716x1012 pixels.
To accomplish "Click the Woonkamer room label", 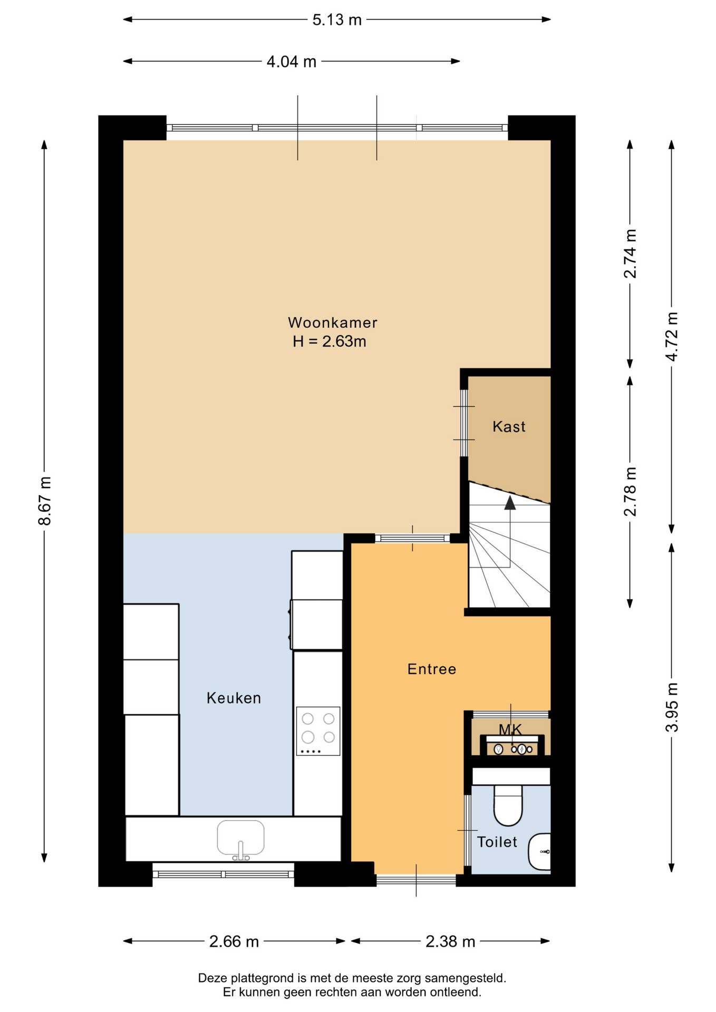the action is point(332,323).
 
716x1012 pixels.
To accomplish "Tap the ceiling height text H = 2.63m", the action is point(330,342).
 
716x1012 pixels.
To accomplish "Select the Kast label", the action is point(509,426).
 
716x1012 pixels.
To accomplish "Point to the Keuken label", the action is point(234,698).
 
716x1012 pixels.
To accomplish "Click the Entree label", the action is point(432,669).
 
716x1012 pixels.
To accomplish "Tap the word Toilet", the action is point(497,842).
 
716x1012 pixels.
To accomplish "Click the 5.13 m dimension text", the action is point(337,20).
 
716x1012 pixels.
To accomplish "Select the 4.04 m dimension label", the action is point(292,62).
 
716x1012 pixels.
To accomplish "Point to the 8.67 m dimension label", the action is point(45,501).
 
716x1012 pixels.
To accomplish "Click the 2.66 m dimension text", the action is point(234,941).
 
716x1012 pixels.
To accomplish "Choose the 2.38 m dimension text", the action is point(450,941).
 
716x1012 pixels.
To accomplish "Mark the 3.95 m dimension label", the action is point(672,707).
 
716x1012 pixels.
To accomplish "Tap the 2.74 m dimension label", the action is point(630,254).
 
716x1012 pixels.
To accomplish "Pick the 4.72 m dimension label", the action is point(672,336).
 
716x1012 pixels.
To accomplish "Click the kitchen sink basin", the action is point(240,838).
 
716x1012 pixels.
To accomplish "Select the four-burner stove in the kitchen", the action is point(318,731).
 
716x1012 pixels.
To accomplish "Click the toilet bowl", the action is point(508,805).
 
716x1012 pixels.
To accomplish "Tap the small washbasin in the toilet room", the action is point(539,851).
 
